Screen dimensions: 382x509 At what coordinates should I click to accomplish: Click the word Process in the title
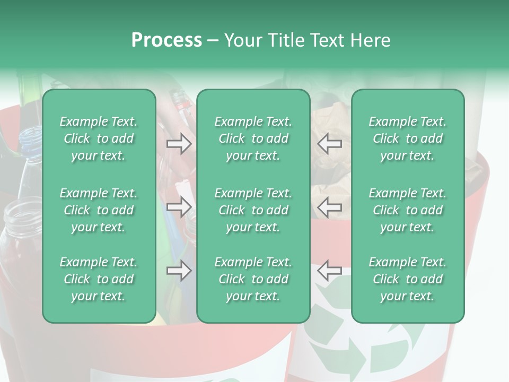[166, 40]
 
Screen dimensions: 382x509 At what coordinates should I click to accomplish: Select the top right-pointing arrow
[179, 144]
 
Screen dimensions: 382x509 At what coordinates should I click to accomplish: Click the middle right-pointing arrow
[179, 207]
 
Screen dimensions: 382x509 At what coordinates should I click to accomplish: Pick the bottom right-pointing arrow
[179, 271]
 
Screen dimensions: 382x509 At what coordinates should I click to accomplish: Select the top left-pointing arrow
[330, 144]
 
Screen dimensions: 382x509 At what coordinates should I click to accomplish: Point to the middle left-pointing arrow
[330, 207]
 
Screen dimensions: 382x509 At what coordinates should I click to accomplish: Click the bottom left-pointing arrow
[330, 271]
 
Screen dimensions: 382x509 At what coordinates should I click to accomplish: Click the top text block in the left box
[99, 138]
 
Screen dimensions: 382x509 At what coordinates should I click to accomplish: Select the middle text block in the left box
[99, 210]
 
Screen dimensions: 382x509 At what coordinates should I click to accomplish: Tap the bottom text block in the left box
[99, 279]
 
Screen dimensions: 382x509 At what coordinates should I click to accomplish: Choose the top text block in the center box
[253, 138]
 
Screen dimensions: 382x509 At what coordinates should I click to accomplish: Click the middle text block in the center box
[253, 210]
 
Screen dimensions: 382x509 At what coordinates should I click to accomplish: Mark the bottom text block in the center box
[253, 279]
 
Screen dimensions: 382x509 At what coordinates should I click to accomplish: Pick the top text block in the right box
[408, 138]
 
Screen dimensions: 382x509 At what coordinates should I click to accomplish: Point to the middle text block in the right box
[408, 210]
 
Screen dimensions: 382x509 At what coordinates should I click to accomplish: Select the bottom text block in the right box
[408, 279]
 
